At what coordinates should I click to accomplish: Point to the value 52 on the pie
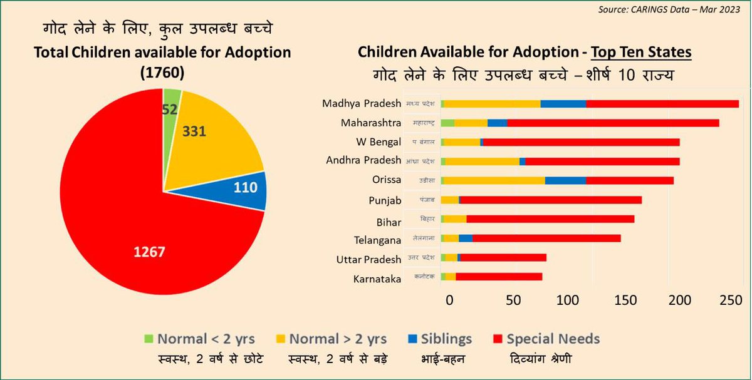[169, 108]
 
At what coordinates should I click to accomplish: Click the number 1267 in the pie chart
[149, 251]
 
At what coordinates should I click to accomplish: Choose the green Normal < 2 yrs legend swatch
[149, 339]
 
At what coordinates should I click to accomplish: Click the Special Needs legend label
[553, 339]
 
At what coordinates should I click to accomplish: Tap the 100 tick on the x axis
[568, 300]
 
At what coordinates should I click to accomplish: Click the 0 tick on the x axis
[449, 300]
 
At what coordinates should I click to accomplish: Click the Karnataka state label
[377, 279]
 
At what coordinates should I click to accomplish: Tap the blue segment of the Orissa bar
[565, 180]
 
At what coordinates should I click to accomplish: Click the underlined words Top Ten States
[639, 52]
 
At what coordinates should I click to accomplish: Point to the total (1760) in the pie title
[162, 73]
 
